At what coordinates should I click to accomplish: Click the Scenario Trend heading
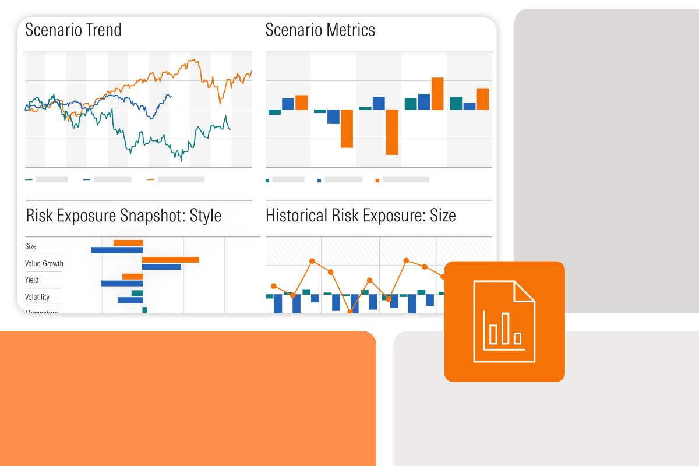[x=73, y=30]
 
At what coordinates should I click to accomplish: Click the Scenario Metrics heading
[x=320, y=30]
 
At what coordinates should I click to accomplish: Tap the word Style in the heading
[x=202, y=216]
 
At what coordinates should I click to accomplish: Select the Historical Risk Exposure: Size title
[x=361, y=216]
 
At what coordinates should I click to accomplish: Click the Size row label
[x=31, y=246]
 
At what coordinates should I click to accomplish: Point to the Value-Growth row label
[x=44, y=263]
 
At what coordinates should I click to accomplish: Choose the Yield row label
[x=32, y=280]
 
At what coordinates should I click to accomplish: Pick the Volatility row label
[x=37, y=297]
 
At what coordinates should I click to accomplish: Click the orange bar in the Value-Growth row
[x=171, y=260]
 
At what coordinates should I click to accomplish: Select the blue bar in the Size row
[x=117, y=250]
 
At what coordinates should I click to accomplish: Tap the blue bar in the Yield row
[x=122, y=284]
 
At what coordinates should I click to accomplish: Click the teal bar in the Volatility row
[x=137, y=293]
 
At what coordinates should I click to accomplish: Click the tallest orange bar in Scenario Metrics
[x=437, y=93]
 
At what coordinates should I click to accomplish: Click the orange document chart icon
[x=504, y=322]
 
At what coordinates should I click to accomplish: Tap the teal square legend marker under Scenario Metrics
[x=267, y=181]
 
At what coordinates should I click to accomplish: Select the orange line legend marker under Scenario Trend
[x=150, y=180]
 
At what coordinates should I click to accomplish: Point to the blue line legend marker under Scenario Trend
[x=87, y=180]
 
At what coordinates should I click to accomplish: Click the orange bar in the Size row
[x=128, y=243]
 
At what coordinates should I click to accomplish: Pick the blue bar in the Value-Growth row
[x=161, y=267]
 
